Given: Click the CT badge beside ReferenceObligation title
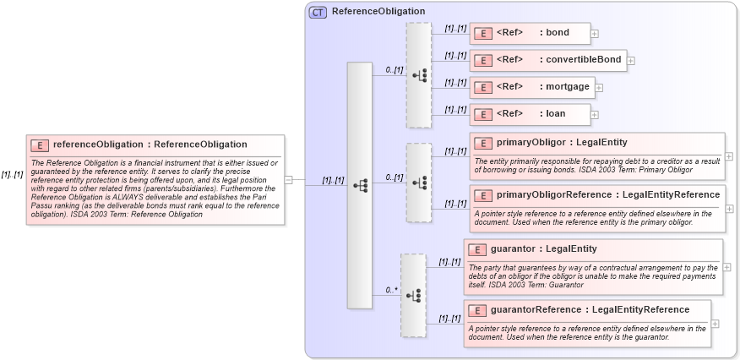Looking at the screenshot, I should coord(318,12).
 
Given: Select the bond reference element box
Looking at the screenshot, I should coord(530,33).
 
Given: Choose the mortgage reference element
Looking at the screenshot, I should coord(531,86).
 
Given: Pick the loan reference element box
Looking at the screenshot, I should coord(529,113).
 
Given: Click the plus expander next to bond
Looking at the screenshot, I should coord(595,34).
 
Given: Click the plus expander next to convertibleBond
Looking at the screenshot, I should coord(631,61).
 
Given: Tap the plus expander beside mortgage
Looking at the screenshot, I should coord(599,87).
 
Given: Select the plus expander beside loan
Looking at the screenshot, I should coord(595,114).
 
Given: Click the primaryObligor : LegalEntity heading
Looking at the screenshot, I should coord(562,142).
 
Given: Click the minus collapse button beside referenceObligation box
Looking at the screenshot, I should coord(289,179).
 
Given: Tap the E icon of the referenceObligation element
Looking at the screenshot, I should coord(41,145).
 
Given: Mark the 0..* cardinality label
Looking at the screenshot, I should coord(391,290).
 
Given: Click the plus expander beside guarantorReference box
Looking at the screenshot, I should coord(716,323).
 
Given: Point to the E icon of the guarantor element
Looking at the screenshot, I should coord(478,249).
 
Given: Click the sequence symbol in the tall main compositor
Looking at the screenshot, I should coord(359,184).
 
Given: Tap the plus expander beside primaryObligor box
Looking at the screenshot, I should coord(729,156).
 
